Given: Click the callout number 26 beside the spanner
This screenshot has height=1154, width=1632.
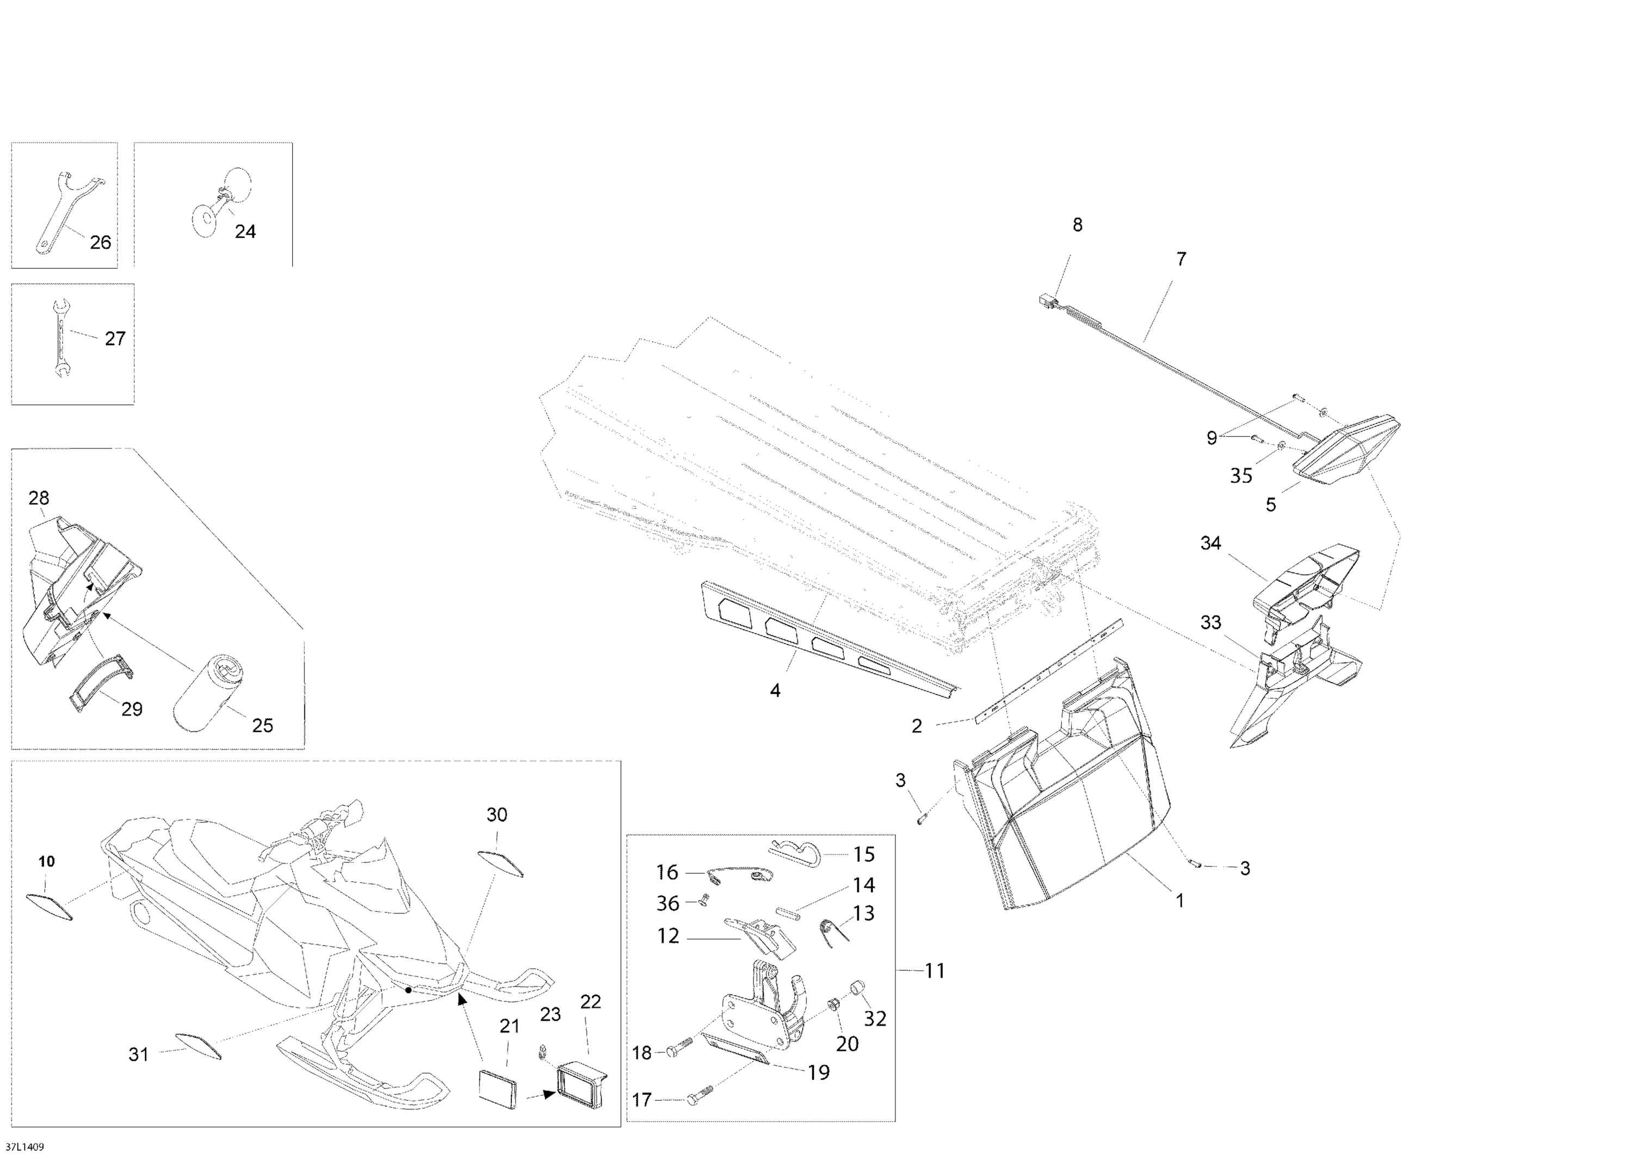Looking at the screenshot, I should coord(100,243).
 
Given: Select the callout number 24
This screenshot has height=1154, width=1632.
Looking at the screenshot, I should coord(245,231).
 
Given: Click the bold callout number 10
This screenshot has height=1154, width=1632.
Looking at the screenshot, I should coord(46,861).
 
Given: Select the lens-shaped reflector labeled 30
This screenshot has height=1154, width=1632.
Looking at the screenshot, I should coord(502,863).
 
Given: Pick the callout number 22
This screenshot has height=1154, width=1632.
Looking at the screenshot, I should coord(591,1001).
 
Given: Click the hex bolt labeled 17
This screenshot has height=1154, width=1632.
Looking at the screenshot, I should coord(697,1099).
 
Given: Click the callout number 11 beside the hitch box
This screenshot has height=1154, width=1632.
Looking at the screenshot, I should coord(935,971).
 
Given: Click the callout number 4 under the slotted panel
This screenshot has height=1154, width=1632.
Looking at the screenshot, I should coord(776,690).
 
